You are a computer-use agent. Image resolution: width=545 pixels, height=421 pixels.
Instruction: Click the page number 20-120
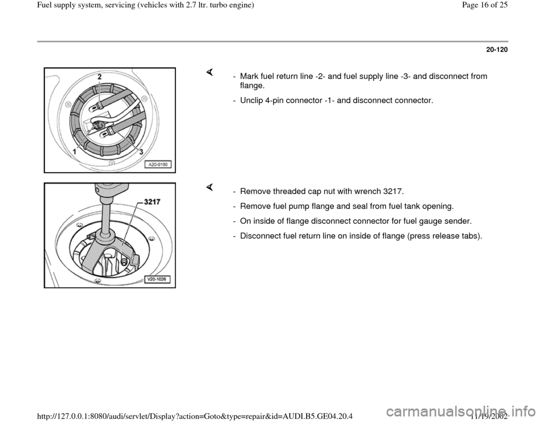tap(496, 50)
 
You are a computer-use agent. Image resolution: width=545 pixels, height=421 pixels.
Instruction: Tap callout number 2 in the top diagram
tap(99, 75)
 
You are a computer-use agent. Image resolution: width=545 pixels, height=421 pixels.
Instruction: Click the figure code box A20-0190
tap(160, 166)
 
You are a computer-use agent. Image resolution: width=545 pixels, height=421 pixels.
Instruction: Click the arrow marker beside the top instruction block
tap(209, 71)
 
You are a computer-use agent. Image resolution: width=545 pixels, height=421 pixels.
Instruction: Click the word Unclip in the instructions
tap(251, 100)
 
